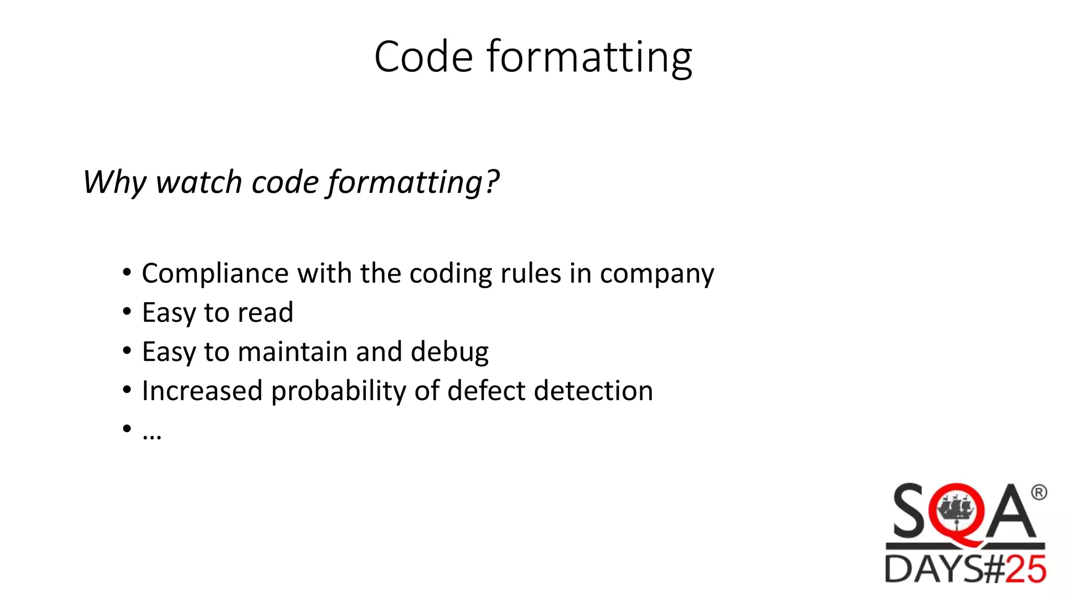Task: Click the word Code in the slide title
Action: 423,57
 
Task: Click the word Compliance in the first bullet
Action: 215,274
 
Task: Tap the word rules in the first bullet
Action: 530,273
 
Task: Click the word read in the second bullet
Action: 265,312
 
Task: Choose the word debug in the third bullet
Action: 449,353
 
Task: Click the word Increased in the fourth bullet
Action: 202,391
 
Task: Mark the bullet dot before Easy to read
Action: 127,312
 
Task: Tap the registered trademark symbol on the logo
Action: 1038,492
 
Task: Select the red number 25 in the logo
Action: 1025,569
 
